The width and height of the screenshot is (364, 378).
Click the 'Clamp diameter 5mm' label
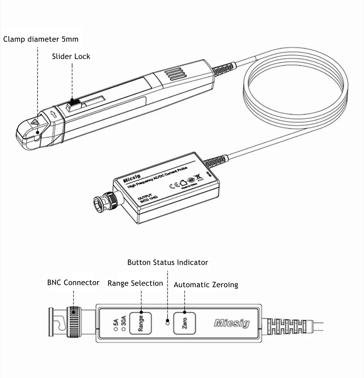coord(41,39)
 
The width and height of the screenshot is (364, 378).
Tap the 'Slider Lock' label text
coord(71,56)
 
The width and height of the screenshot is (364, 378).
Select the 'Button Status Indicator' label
coord(168,262)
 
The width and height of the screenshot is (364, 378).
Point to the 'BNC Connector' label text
coord(73,283)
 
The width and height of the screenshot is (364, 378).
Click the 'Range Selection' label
coord(135,283)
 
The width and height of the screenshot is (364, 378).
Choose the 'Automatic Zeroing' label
coord(206,285)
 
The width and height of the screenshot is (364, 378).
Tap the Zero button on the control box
coord(184,323)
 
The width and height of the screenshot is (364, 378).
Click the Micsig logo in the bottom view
coord(232,323)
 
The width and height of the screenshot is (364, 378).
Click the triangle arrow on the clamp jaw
coord(35,122)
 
